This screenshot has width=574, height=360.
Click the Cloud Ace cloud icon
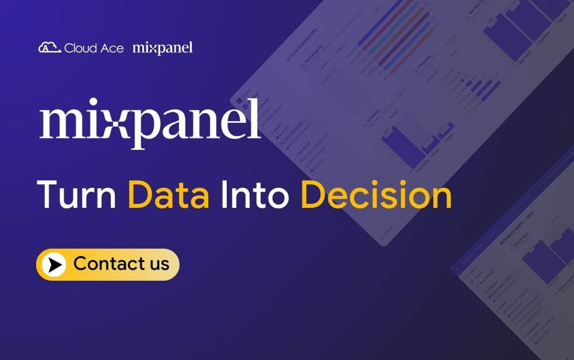pos(49,48)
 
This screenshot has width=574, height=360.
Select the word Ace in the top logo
pos(112,48)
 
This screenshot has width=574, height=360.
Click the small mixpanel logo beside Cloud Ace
pos(162,48)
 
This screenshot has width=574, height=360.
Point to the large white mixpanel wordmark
pos(149,124)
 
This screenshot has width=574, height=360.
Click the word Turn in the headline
pos(77,195)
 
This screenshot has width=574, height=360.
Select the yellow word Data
pos(168,195)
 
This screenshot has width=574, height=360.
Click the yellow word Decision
pos(376,195)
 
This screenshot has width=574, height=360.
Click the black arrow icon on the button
pos(55,265)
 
